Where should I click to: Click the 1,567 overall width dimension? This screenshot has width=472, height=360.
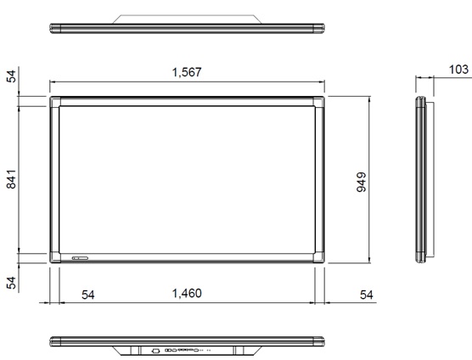(186, 73)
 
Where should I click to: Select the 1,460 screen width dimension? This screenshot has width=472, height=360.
(186, 294)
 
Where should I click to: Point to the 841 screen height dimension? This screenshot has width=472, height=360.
(11, 181)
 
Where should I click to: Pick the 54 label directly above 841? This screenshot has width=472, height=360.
(11, 76)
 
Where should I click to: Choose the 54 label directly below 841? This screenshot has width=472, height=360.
(11, 283)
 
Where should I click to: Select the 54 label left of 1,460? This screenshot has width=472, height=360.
(87, 294)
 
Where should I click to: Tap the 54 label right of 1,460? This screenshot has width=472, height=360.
(366, 294)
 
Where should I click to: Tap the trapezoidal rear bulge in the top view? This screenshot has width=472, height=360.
(187, 19)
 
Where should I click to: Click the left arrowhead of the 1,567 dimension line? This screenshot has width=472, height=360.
(52, 82)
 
